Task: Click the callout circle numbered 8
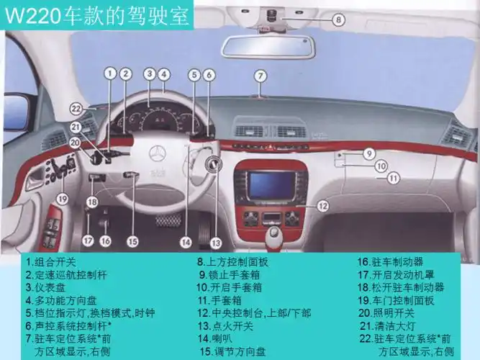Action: tap(338, 21)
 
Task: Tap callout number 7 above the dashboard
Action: tap(261, 75)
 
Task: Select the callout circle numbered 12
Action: tap(323, 206)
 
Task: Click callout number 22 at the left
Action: tap(76, 109)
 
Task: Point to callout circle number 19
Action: tap(62, 198)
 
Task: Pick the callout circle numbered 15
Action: tap(132, 242)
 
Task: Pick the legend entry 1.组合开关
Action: tap(55, 262)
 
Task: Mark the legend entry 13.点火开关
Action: tap(226, 325)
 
